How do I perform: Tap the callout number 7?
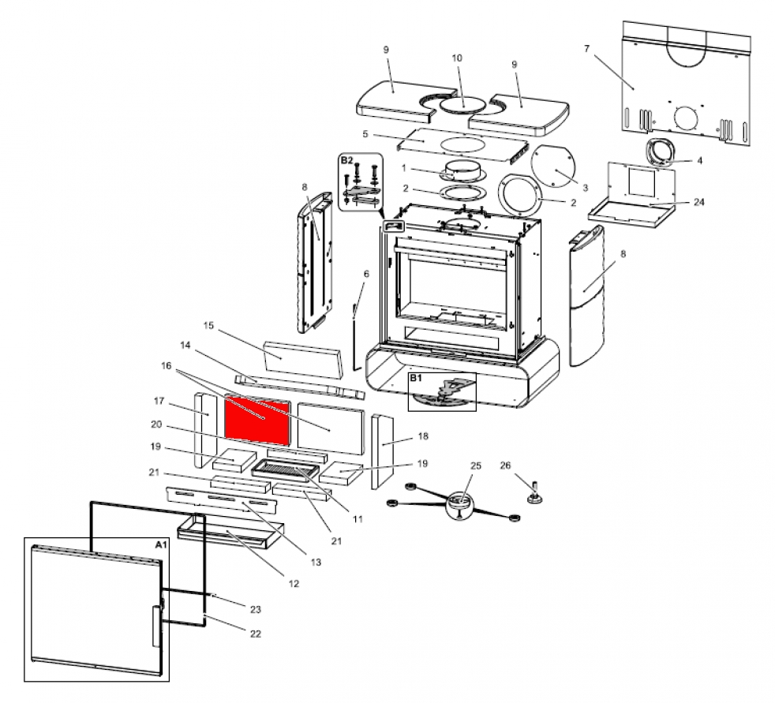coord(586,49)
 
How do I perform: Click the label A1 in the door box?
coord(160,545)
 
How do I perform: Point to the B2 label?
coord(346,160)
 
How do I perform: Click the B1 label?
coord(416,379)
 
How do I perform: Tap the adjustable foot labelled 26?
coord(535,495)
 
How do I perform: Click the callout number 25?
coord(475,466)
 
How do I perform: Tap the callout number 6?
coord(366,274)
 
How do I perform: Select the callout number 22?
coord(256,634)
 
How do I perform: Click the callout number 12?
coord(294,584)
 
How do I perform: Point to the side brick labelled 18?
coord(383,442)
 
